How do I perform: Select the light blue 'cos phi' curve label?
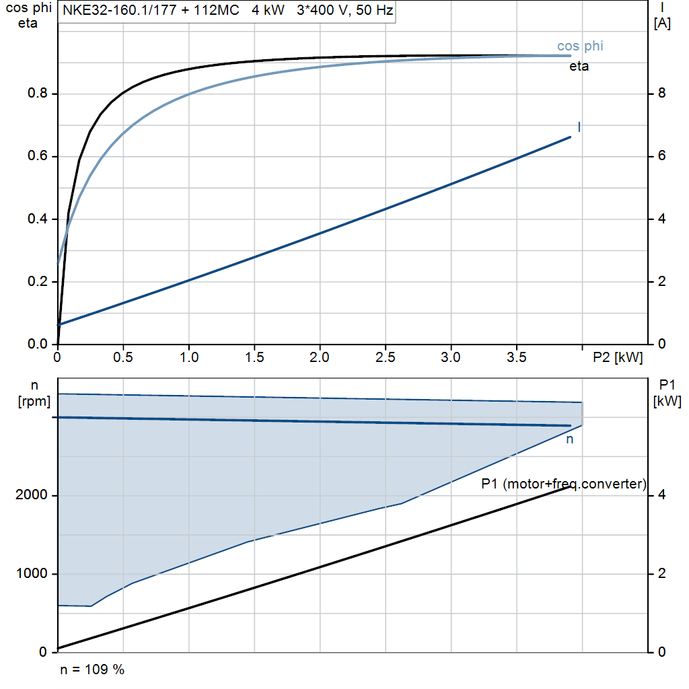click(x=580, y=46)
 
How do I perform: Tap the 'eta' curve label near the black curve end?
click(x=579, y=67)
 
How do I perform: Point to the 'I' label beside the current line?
click(x=579, y=127)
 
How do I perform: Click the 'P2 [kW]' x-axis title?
click(x=618, y=357)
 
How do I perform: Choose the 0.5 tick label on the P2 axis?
click(x=123, y=357)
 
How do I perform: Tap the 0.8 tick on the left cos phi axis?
click(x=38, y=94)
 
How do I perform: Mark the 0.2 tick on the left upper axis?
click(x=38, y=281)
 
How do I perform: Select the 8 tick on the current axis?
click(x=661, y=94)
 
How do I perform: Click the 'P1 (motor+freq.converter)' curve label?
click(x=564, y=484)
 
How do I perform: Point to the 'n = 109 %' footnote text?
click(x=92, y=669)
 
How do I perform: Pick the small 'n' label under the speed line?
click(x=569, y=439)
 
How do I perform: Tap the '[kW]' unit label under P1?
click(x=667, y=401)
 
